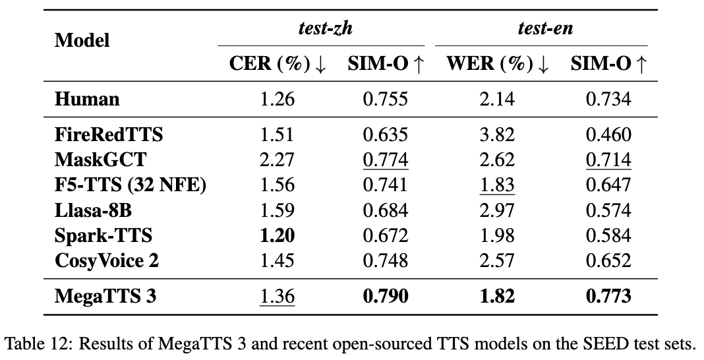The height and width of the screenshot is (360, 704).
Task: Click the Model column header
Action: point(82,41)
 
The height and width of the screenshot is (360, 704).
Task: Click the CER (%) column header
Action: point(278,64)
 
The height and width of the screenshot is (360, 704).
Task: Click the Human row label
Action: point(88,100)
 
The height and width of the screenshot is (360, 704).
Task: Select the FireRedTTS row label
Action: point(109,135)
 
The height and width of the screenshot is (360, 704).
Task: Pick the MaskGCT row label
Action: point(101,160)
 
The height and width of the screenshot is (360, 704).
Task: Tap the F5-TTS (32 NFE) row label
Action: point(131,185)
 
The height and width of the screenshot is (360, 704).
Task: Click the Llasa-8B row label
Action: point(98,210)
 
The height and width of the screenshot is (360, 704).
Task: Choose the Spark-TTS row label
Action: point(103,235)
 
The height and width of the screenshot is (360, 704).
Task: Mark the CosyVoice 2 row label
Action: point(107,260)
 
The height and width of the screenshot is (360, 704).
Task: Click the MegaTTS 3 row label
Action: point(106,297)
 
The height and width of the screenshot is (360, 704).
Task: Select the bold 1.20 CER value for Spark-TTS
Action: point(278,235)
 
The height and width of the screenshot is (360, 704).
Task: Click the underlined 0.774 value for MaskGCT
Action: point(386,160)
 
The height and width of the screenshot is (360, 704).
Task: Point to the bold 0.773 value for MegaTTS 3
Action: point(608,297)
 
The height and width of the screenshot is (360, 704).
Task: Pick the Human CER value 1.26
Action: point(278,100)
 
